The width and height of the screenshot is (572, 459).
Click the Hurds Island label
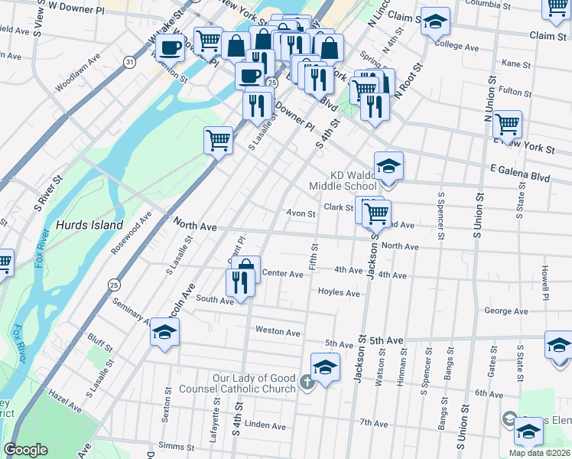tap(89, 225)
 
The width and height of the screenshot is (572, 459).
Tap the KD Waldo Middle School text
tap(343, 180)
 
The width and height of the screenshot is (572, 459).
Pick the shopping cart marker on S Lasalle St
tap(219, 141)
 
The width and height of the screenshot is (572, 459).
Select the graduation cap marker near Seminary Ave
tap(164, 334)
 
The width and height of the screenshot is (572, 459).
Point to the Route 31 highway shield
tap(130, 62)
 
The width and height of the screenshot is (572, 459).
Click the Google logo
tap(26, 451)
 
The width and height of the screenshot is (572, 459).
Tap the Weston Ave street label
tap(278, 332)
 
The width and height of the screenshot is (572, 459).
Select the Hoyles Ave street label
tap(339, 293)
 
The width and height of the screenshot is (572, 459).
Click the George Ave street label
tap(506, 311)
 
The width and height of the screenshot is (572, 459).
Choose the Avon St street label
tap(301, 214)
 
